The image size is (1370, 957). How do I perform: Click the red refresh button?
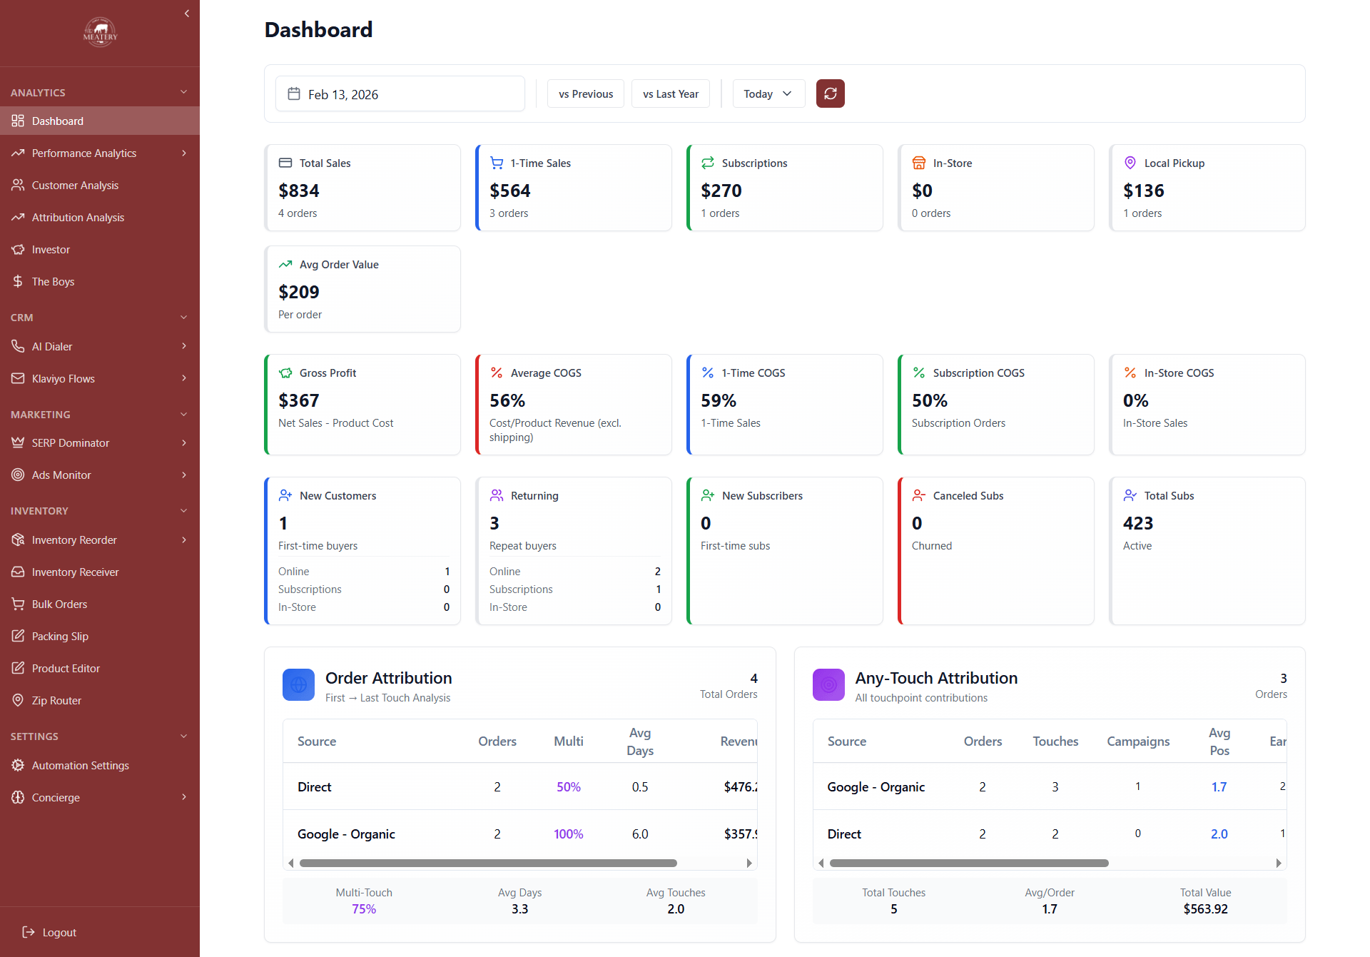pyautogui.click(x=830, y=93)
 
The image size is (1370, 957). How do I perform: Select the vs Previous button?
pyautogui.click(x=585, y=93)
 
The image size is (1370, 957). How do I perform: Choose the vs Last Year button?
pyautogui.click(x=670, y=93)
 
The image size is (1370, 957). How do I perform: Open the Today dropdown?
pyautogui.click(x=768, y=93)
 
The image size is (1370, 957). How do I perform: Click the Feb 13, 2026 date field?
pyautogui.click(x=400, y=94)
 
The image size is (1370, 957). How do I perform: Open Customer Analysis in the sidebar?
pyautogui.click(x=75, y=185)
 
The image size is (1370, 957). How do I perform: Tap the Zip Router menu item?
pyautogui.click(x=56, y=700)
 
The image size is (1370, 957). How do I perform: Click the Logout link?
pyautogui.click(x=59, y=932)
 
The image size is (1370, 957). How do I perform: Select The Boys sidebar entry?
pyautogui.click(x=53, y=281)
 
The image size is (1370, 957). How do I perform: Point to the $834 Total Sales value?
pyautogui.click(x=299, y=191)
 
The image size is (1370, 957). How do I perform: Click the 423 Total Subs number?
pyautogui.click(x=1137, y=523)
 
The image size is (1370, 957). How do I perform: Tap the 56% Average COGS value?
pyautogui.click(x=507, y=400)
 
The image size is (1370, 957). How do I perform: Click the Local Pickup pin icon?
pyautogui.click(x=1130, y=163)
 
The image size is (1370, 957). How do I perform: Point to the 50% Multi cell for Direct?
pyautogui.click(x=568, y=786)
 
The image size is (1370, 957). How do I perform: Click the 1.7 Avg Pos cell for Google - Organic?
pyautogui.click(x=1218, y=786)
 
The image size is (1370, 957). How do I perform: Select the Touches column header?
pyautogui.click(x=1055, y=741)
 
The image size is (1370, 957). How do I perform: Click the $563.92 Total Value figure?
pyautogui.click(x=1204, y=908)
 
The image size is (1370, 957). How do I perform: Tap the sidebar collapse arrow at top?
pyautogui.click(x=187, y=14)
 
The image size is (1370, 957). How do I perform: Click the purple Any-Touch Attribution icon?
pyautogui.click(x=828, y=684)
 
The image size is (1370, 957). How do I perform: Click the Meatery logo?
pyautogui.click(x=100, y=32)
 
